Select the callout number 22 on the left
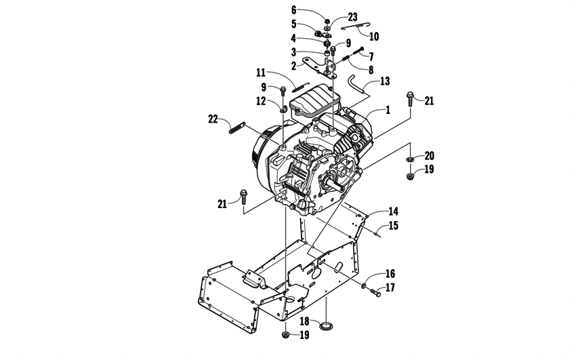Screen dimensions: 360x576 click(x=213, y=119)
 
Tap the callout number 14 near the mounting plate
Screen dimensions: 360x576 click(x=393, y=212)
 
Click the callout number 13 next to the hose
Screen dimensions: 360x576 click(x=385, y=81)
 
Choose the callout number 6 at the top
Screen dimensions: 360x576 click(x=294, y=9)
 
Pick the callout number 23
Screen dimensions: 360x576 click(x=352, y=16)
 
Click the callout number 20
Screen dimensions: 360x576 click(x=429, y=156)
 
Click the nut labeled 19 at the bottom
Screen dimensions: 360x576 click(x=285, y=335)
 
